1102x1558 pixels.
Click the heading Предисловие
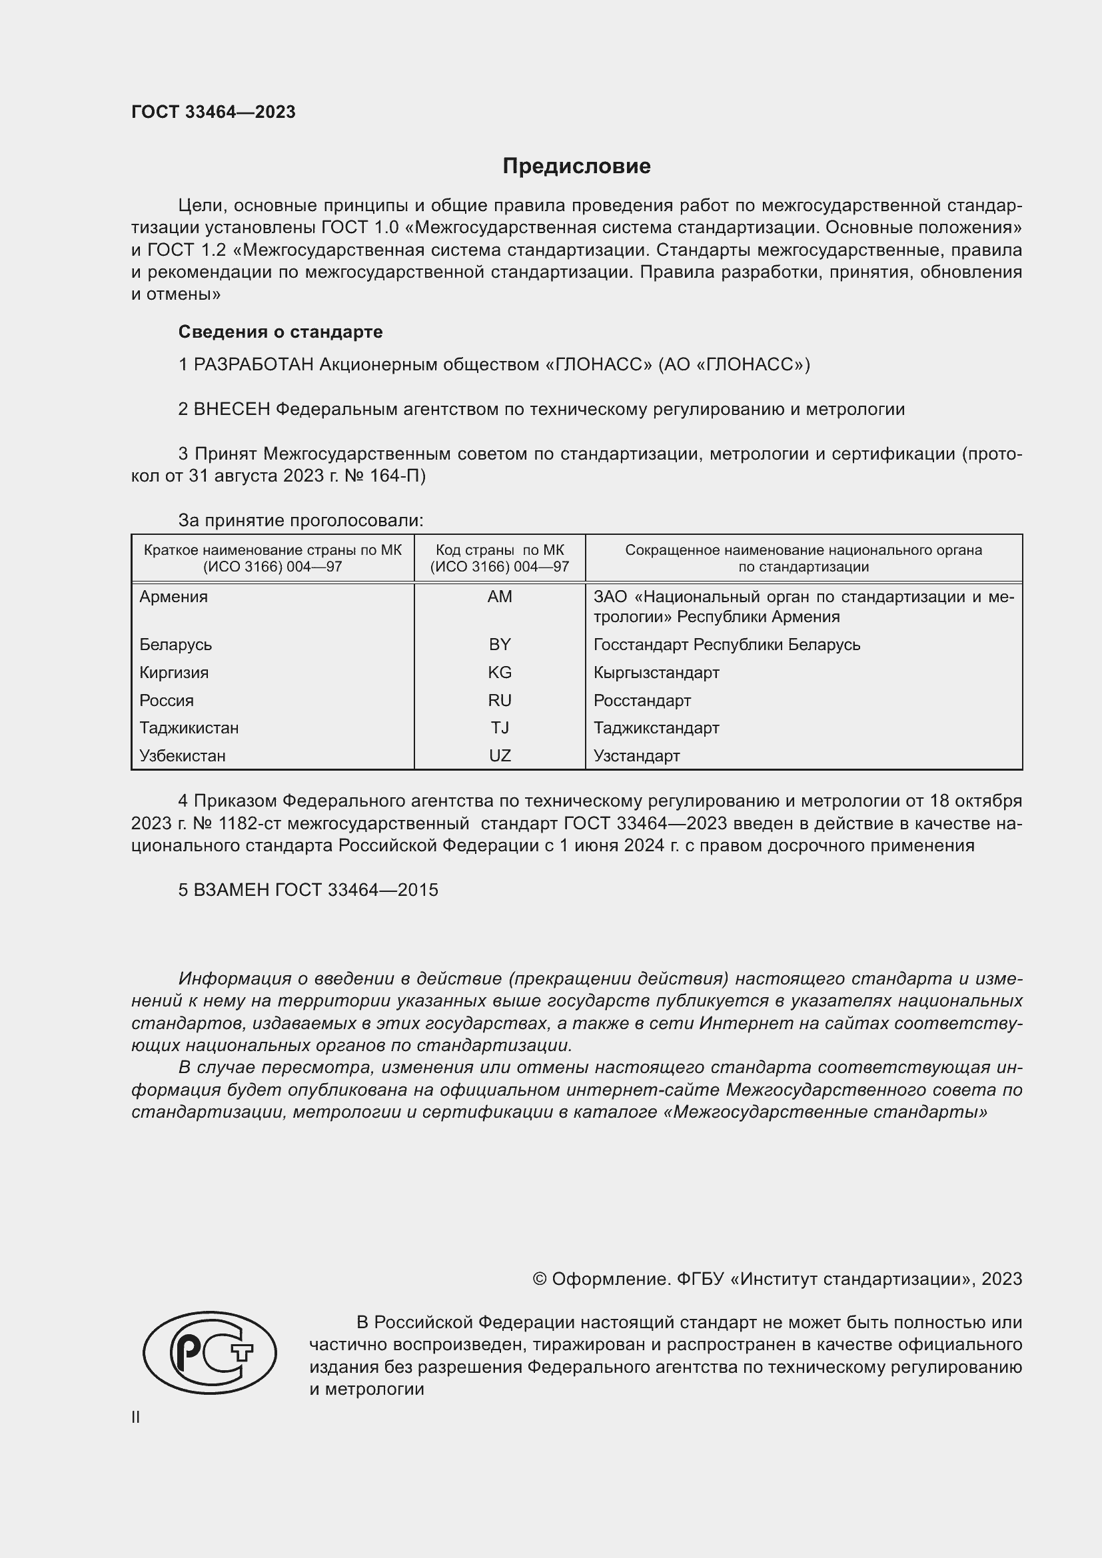(576, 167)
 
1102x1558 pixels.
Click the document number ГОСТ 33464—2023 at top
(213, 112)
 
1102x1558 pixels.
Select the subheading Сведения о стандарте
(280, 332)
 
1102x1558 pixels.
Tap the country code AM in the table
(500, 596)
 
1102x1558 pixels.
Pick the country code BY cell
(500, 644)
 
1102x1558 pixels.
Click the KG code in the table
(500, 673)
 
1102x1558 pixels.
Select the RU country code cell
(500, 700)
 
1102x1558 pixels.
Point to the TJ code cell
(500, 728)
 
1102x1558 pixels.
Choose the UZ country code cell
(500, 756)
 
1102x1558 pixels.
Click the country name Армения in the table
(174, 596)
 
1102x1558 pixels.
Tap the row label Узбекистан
(182, 756)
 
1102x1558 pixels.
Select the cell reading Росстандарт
(642, 700)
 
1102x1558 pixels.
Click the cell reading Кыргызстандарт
(656, 673)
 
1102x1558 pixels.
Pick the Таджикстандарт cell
(656, 728)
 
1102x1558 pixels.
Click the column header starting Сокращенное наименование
(804, 558)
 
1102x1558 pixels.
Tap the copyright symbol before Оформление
(540, 1279)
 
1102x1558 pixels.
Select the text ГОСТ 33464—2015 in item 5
(356, 890)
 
